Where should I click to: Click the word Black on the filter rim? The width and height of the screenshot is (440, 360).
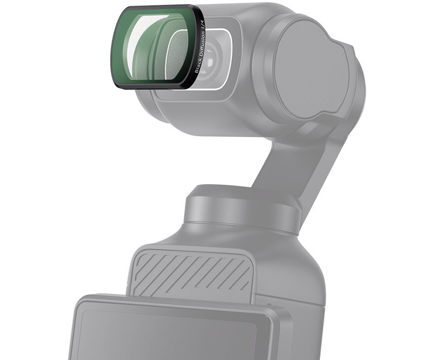click(197, 69)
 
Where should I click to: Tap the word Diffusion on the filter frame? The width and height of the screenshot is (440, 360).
click(200, 51)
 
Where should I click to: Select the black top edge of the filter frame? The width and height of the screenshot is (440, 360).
click(157, 7)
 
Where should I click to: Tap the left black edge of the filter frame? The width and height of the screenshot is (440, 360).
click(112, 46)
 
